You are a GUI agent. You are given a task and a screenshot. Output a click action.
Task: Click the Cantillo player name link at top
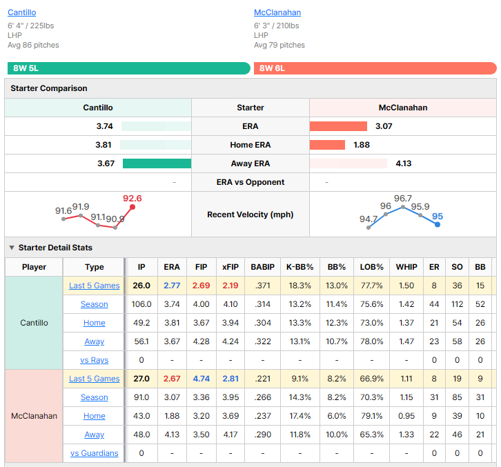pos(21,12)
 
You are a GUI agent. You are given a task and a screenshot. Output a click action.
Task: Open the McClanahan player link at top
pos(277,12)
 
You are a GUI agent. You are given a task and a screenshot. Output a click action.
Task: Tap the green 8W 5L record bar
pos(129,68)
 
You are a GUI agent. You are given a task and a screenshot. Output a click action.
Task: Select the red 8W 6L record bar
pos(375,68)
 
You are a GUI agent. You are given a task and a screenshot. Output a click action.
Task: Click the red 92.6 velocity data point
pos(132,207)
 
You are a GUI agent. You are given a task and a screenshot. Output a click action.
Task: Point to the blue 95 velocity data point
pos(438,225)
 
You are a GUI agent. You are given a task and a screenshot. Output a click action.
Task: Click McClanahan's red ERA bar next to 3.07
pos(338,126)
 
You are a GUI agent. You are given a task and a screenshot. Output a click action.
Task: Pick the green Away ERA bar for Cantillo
pos(157,163)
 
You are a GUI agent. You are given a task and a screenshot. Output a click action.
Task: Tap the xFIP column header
pos(230,267)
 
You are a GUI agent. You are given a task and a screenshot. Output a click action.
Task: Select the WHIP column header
pos(406,267)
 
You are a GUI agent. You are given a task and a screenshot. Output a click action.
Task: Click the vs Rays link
pos(95,360)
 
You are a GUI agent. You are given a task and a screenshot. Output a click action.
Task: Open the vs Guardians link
pos(95,453)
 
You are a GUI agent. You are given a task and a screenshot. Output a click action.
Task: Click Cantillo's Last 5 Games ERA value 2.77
pos(172,286)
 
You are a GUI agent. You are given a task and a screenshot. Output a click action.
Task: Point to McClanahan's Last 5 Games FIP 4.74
pos(202,379)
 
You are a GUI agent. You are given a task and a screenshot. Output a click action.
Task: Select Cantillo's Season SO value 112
pos(458,304)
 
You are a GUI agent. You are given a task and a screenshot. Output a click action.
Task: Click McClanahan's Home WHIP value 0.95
pos(406,416)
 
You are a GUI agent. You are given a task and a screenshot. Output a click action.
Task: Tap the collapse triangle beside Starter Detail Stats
pos(12,248)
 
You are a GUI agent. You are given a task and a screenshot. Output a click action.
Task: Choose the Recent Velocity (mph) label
pos(250,215)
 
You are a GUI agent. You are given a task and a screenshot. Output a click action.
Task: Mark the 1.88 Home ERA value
pos(362,145)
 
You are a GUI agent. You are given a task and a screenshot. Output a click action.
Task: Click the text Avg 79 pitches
pos(279,45)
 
